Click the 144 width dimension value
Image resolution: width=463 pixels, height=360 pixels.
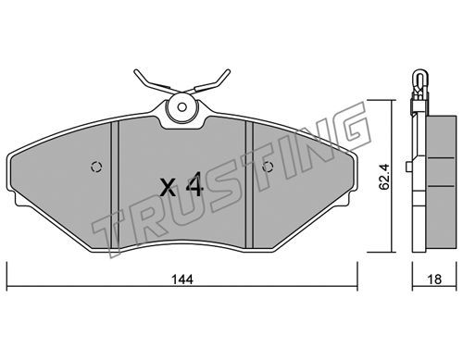pos(182,279)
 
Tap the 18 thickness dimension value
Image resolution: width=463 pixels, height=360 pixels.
pos(434,279)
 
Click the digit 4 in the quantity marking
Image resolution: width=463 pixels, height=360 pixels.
pos(194,185)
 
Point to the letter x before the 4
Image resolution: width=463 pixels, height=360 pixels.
pos(169,188)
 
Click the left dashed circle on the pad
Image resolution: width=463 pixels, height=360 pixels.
pos(96,167)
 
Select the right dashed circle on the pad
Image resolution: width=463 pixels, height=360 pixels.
pos(268,167)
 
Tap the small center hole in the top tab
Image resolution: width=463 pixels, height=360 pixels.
pos(182,107)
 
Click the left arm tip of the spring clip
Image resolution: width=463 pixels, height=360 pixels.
pos(136,71)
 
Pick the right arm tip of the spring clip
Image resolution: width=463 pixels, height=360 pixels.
pos(229,71)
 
